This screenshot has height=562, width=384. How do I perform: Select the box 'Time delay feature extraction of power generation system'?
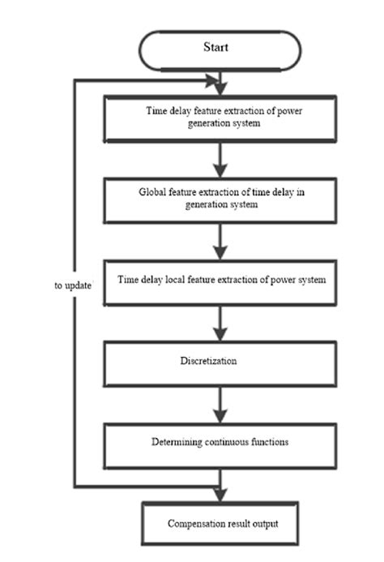click(x=220, y=118)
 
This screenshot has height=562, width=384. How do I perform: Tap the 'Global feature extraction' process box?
click(x=220, y=199)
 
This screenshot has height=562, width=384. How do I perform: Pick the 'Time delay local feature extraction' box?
click(x=220, y=281)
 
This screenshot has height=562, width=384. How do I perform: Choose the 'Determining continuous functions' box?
click(x=220, y=443)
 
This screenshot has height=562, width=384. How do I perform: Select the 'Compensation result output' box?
click(x=220, y=523)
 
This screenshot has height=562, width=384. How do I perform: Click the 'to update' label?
click(x=71, y=286)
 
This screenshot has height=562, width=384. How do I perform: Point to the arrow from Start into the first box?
click(x=220, y=84)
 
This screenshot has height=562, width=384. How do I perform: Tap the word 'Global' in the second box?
click(x=151, y=193)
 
